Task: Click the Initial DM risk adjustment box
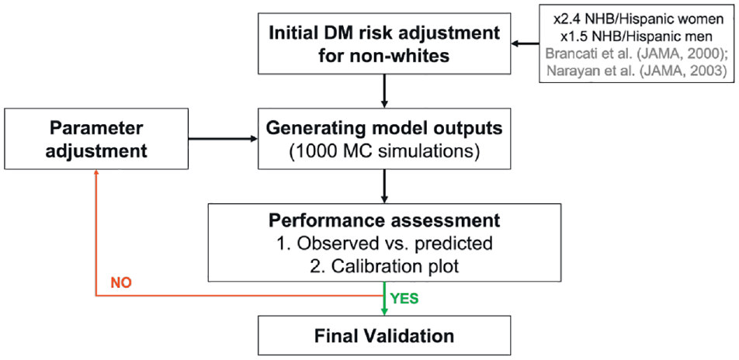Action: [x=384, y=45]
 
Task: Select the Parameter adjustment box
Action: [x=96, y=140]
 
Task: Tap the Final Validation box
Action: [x=384, y=336]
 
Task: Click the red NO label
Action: [x=121, y=283]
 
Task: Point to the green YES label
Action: [x=403, y=299]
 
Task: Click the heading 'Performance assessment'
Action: [x=384, y=220]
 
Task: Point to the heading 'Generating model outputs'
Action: [x=384, y=129]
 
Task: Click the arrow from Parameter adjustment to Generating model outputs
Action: [x=224, y=139]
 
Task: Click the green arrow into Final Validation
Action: [x=384, y=298]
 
